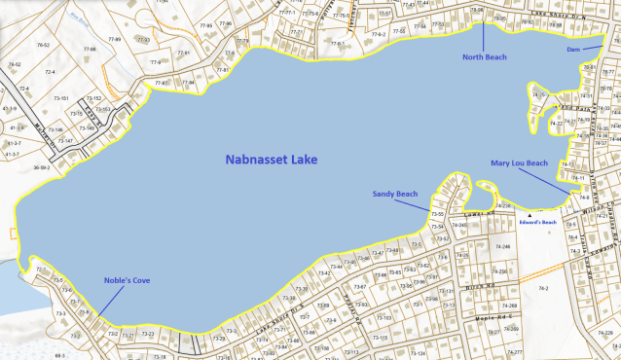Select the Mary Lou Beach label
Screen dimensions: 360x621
[520, 163]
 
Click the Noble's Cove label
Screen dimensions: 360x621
[127, 281]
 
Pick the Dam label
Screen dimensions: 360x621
[574, 47]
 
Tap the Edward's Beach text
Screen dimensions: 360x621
[536, 222]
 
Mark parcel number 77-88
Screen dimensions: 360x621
[91, 49]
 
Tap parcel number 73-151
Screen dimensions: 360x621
[60, 99]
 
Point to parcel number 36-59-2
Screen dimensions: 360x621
[41, 167]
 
